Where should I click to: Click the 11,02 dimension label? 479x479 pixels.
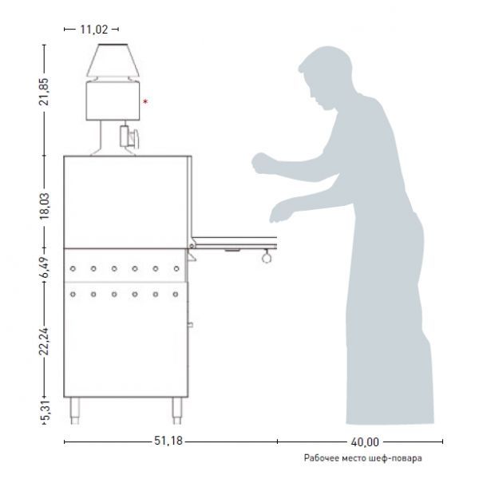click(94, 30)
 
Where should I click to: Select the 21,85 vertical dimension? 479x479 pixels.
click(44, 92)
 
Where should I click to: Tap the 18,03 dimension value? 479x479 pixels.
click(44, 206)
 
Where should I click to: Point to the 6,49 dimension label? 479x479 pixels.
click(45, 267)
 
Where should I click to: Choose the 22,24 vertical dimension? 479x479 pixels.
click(44, 341)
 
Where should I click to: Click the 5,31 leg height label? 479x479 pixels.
click(45, 410)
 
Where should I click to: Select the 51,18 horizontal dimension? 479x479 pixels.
click(168, 441)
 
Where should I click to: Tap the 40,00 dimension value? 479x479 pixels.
click(365, 442)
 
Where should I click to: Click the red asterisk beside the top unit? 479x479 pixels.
click(145, 101)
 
